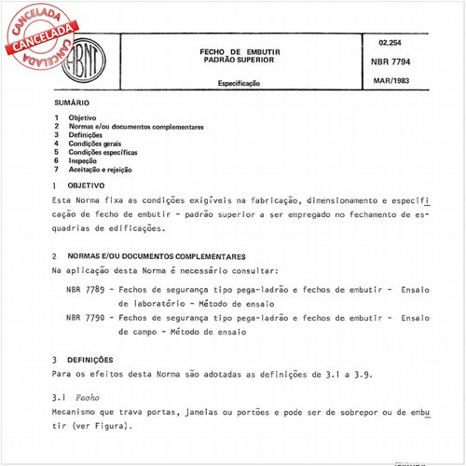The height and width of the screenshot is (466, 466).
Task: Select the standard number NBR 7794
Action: click(x=394, y=62)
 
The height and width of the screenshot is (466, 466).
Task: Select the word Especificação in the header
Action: click(x=240, y=83)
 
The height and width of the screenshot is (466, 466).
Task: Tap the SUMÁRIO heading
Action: click(x=72, y=103)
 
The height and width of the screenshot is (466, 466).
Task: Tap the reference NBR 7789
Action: click(x=85, y=289)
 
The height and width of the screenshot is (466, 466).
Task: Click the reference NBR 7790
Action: click(x=85, y=317)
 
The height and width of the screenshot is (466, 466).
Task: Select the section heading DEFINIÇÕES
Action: click(x=91, y=359)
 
